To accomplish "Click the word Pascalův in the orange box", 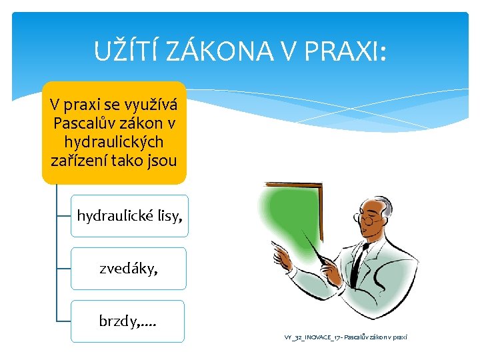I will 86,123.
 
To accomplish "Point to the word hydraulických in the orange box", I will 114,141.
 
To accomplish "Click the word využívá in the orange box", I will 153,105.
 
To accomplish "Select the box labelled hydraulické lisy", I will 129,216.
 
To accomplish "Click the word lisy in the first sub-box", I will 167,216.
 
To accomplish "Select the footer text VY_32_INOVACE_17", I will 309,337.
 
